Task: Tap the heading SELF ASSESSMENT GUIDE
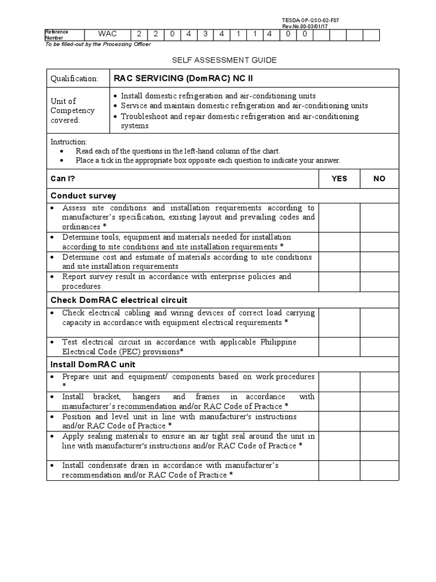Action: pos(216,60)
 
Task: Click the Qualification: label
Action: pos(74,78)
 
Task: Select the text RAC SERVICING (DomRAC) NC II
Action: pos(179,78)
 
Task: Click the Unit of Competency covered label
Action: pos(73,111)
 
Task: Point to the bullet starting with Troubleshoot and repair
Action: pos(238,120)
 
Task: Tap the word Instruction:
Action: pos(69,142)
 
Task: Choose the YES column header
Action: pos(339,178)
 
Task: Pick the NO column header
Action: pos(379,178)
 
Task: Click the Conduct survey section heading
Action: pos(83,196)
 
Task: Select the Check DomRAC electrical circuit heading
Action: pos(119,300)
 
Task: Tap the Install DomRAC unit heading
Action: pos(93,364)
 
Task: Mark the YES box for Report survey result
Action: pos(339,281)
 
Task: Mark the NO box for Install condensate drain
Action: pos(379,470)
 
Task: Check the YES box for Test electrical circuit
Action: pos(339,347)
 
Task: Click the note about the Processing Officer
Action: pos(98,44)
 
